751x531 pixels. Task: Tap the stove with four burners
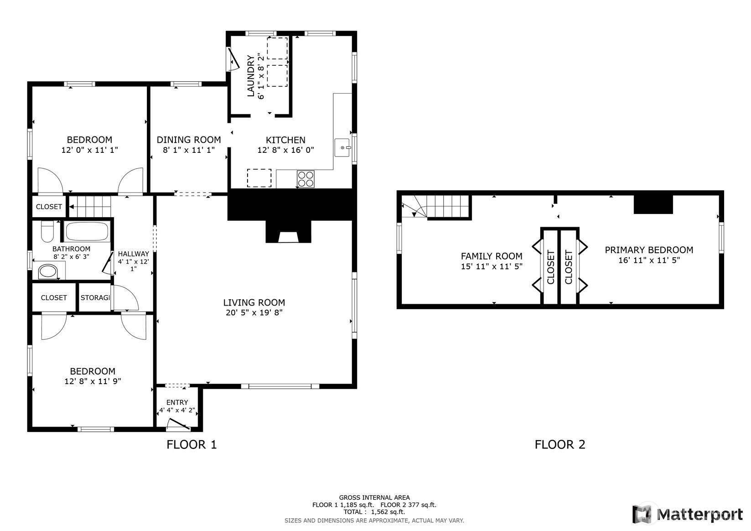click(x=306, y=179)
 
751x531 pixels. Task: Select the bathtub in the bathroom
click(x=87, y=231)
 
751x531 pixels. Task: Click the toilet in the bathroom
click(x=47, y=231)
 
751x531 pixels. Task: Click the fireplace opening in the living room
click(x=288, y=237)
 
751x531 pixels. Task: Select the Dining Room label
click(x=189, y=140)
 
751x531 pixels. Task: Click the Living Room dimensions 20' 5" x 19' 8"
click(x=254, y=312)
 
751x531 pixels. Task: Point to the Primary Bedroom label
click(x=649, y=250)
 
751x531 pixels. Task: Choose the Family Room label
click(x=492, y=256)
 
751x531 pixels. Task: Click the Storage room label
click(x=95, y=297)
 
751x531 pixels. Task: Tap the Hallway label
click(x=134, y=254)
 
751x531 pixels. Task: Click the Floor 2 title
click(x=560, y=444)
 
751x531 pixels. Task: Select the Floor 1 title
click(x=192, y=444)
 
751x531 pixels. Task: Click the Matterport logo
click(x=687, y=514)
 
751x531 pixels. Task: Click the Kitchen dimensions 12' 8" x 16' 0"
click(x=285, y=150)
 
